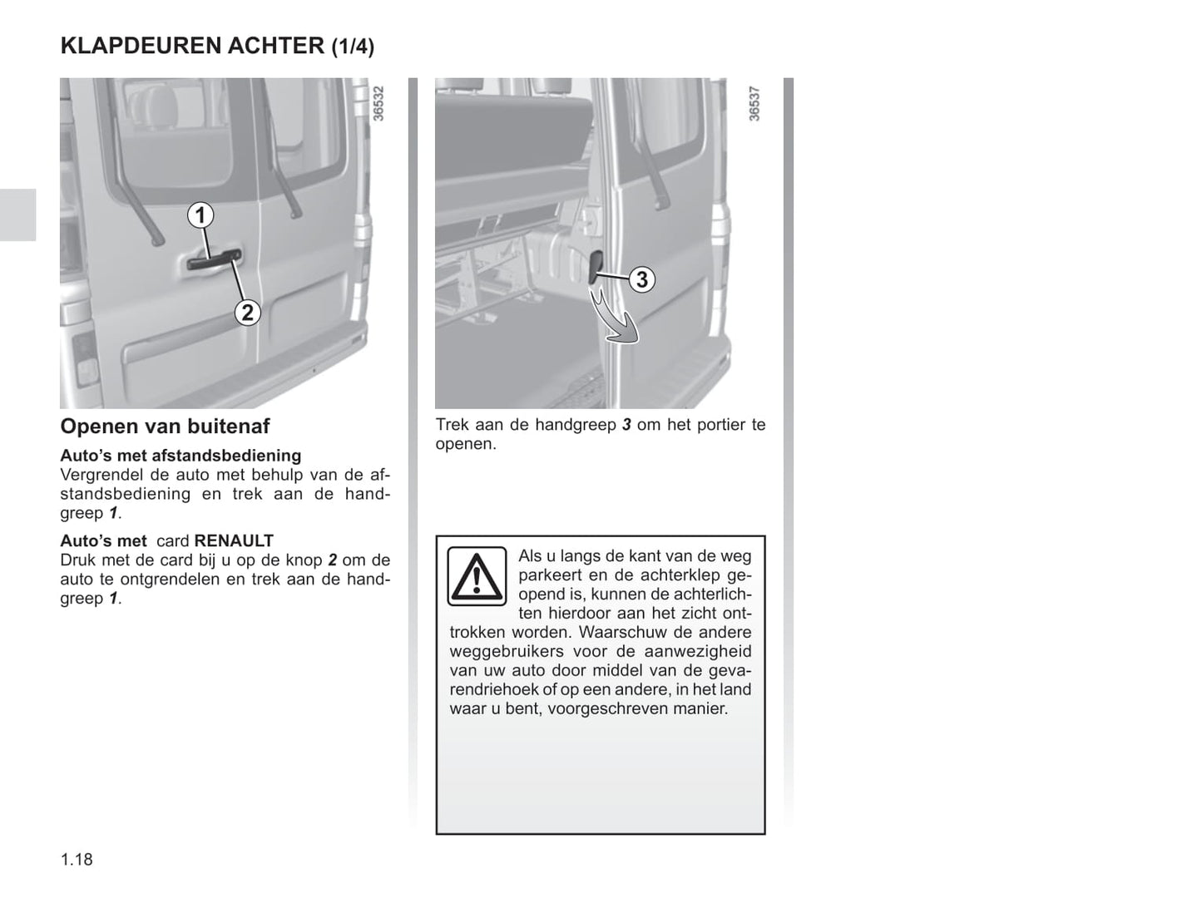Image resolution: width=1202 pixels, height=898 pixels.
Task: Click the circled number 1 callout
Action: tap(200, 215)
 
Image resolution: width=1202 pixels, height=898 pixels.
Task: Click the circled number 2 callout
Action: tap(248, 313)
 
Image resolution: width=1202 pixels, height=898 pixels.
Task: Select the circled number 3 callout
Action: tap(642, 279)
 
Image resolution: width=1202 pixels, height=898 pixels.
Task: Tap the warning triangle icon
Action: tap(477, 576)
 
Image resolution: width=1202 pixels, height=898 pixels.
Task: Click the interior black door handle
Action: tap(596, 268)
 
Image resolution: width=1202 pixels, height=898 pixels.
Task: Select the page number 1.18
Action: tap(77, 860)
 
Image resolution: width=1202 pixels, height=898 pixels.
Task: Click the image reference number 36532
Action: tap(378, 103)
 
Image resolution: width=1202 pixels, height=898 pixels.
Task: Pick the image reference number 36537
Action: tap(754, 103)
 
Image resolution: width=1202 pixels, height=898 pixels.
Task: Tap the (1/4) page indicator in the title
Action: tap(353, 47)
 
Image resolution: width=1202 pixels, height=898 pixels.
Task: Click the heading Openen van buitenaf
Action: tap(165, 427)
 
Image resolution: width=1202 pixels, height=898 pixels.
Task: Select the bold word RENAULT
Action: tap(234, 540)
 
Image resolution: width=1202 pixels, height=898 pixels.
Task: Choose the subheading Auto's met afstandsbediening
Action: tap(181, 456)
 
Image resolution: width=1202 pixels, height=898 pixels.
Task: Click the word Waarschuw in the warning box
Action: tap(621, 632)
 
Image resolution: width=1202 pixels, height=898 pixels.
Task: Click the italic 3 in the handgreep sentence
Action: tap(626, 425)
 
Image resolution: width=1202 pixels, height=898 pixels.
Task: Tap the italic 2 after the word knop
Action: tap(333, 560)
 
